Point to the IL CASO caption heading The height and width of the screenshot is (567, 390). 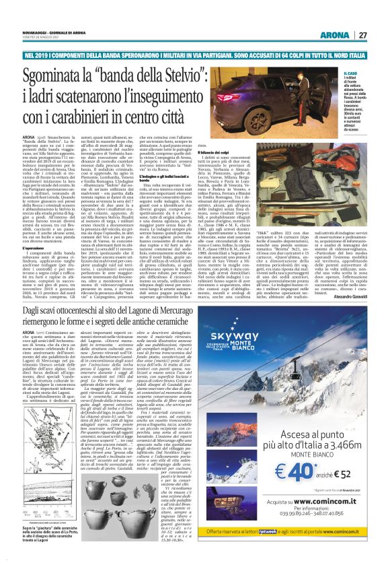pyautogui.click(x=349, y=73)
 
